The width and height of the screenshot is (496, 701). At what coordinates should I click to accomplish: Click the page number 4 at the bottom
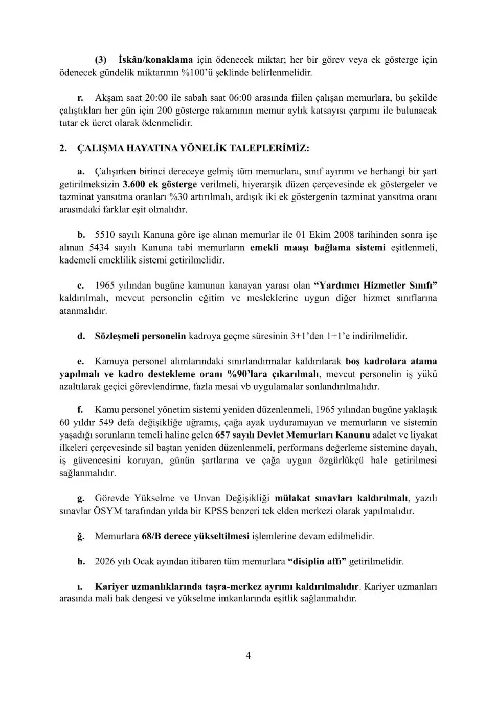[x=248, y=655]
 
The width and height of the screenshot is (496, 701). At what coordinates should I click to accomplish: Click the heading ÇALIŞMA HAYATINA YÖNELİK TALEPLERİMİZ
[x=193, y=148]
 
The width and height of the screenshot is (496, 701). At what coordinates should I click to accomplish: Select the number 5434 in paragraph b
[x=100, y=248]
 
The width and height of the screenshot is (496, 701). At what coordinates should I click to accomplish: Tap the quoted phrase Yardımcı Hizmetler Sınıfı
[x=376, y=286]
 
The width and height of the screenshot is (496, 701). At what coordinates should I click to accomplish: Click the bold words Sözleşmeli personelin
[x=141, y=336]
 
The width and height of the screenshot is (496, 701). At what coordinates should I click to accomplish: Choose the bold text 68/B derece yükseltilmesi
[x=195, y=536]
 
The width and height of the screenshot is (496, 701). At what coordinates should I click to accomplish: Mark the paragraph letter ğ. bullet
[x=81, y=536]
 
